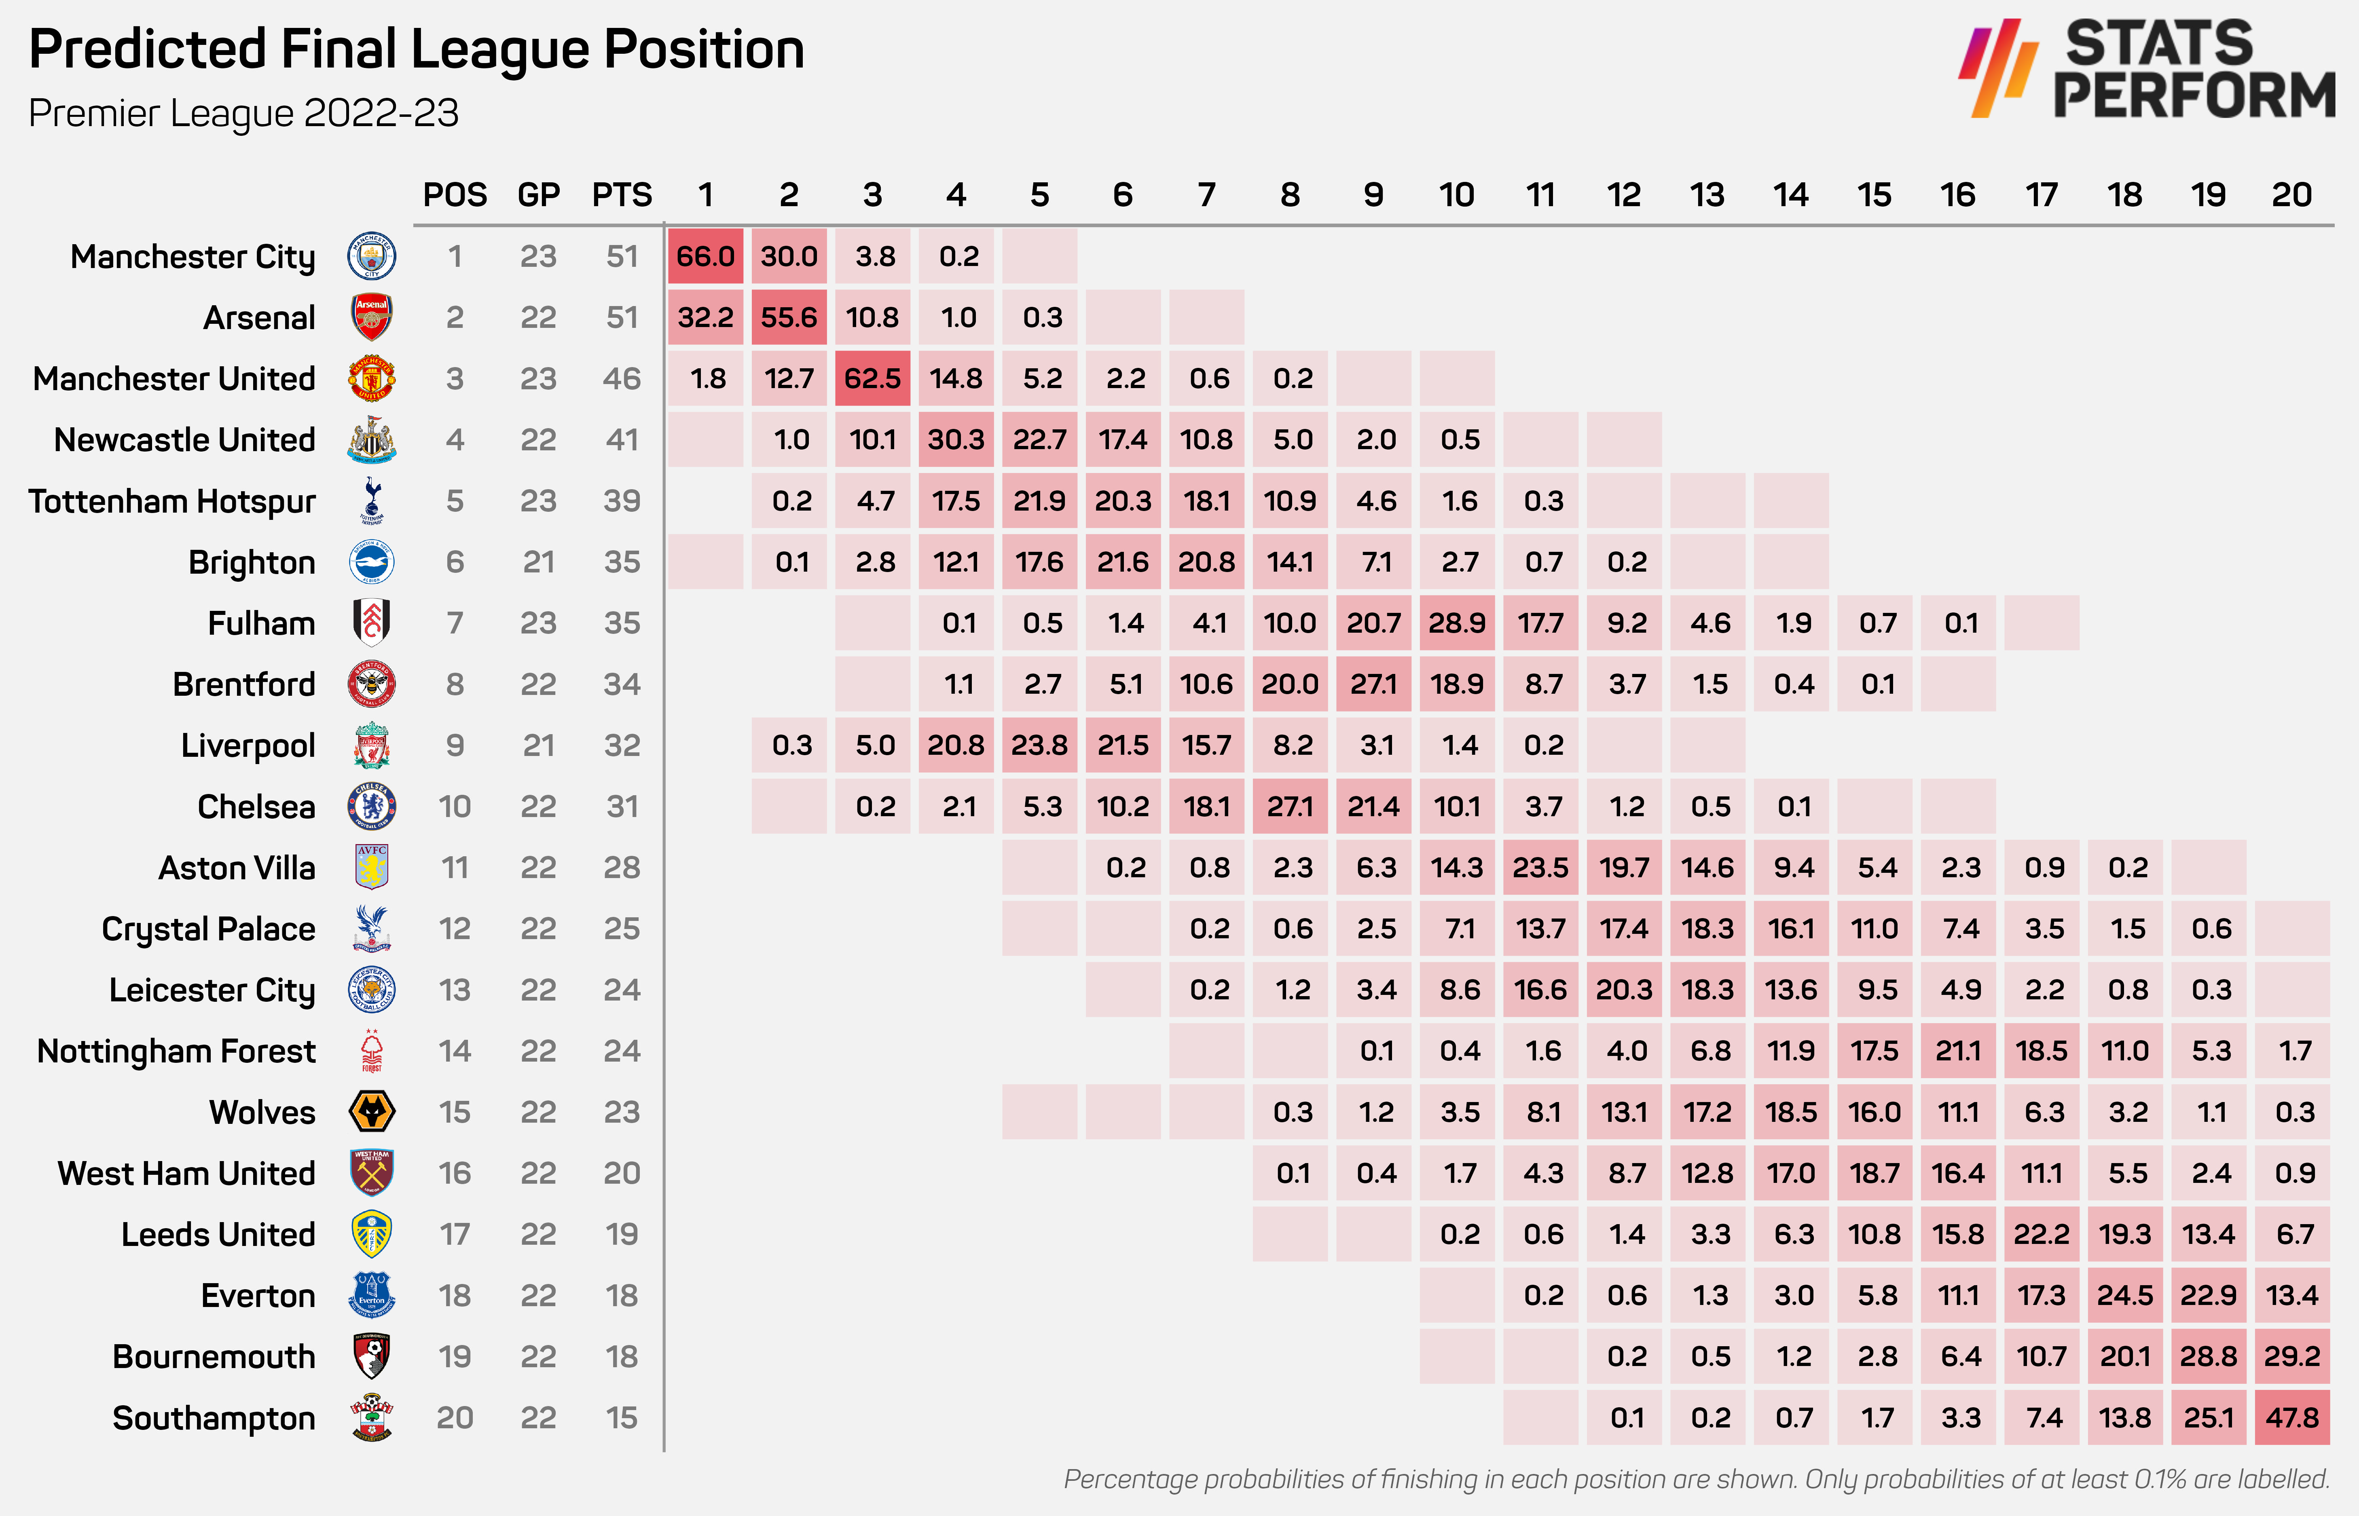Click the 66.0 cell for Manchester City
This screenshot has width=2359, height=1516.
705,257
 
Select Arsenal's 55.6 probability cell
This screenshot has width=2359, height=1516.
789,318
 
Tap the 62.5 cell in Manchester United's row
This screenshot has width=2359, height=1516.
872,379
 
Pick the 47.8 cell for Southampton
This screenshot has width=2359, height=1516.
2292,1417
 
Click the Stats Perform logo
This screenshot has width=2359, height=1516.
2146,69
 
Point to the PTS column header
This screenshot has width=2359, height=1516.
621,195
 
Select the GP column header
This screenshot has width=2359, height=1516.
539,195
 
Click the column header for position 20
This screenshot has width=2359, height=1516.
2291,195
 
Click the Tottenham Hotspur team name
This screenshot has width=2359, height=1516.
172,501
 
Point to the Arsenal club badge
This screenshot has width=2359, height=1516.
372,317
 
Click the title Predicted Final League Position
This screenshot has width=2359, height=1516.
417,49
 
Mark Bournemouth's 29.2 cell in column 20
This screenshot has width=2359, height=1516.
2292,1357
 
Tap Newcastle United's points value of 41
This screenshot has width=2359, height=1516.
621,440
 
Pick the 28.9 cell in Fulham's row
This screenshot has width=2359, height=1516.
1456,623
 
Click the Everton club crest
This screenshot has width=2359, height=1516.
372,1296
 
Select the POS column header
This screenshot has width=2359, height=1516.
455,195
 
